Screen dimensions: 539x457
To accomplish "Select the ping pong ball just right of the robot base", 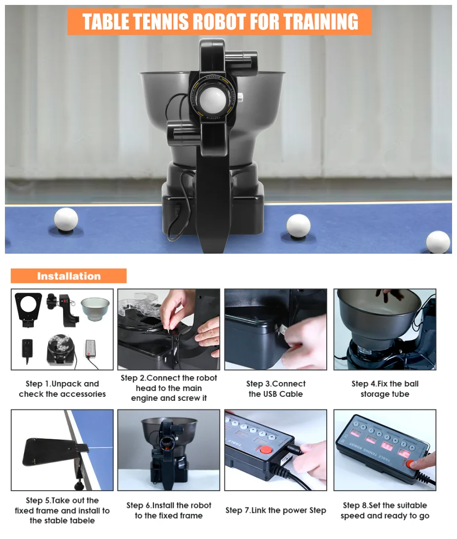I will click(x=298, y=226).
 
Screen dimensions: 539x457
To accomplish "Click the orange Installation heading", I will click(x=69, y=276).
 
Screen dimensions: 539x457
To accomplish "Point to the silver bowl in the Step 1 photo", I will click(x=95, y=308).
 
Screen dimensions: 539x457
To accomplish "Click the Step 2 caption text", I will click(x=169, y=388).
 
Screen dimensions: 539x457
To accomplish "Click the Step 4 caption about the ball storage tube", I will click(x=384, y=388).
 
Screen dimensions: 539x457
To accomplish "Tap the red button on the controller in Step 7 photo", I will click(x=266, y=450).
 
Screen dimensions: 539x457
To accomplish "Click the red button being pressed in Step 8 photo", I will click(x=410, y=463).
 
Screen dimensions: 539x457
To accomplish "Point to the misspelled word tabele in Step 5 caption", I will click(x=79, y=520).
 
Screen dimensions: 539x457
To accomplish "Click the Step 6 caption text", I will click(x=169, y=510).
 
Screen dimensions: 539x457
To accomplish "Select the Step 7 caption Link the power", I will click(x=275, y=510).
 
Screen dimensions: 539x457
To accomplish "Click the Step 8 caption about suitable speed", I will click(x=384, y=510).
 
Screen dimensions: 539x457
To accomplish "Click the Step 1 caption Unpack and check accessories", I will click(x=62, y=388).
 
